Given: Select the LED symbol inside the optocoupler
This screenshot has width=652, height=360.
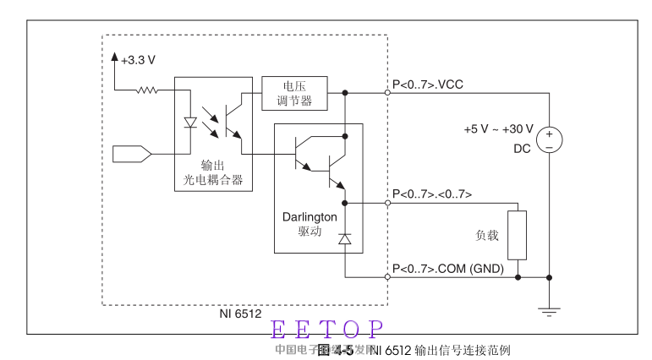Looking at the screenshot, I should (x=190, y=122).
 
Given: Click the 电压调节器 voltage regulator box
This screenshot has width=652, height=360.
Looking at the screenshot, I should (x=295, y=93).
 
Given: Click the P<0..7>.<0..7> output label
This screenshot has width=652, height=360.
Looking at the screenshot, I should (x=432, y=194).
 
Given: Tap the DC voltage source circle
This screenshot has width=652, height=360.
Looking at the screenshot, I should (x=549, y=139).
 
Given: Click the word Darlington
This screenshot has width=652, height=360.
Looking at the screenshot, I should (x=310, y=216).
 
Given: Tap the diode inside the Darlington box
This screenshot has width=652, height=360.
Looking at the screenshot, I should (x=344, y=240).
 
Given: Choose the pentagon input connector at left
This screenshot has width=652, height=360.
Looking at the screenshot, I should (x=132, y=154).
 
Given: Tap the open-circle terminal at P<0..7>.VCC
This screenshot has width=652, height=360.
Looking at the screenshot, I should (x=388, y=93).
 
